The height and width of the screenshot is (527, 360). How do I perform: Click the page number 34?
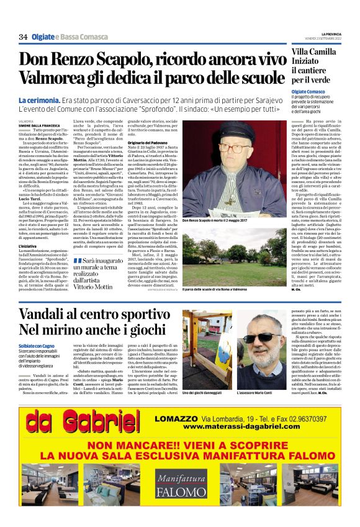pos(24,38)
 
